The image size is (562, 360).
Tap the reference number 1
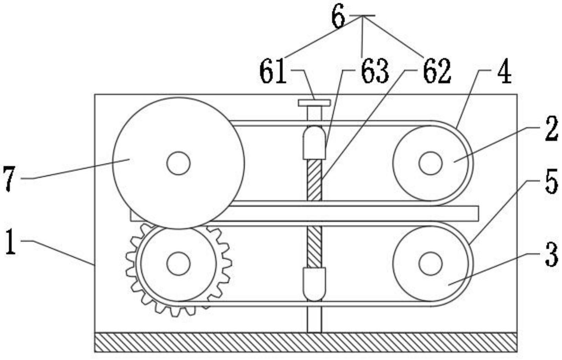tap(11, 244)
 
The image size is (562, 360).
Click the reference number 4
tap(504, 73)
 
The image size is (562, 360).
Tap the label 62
tap(437, 72)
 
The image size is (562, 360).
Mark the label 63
tap(375, 72)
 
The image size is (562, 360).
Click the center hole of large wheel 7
tap(178, 163)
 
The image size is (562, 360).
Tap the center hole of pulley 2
tap(430, 163)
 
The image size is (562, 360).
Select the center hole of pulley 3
tap(430, 264)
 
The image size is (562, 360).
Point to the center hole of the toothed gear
tap(178, 264)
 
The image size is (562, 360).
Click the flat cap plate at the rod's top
tap(314, 103)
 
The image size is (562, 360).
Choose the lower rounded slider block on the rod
tap(314, 284)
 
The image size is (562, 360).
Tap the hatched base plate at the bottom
tap(306, 342)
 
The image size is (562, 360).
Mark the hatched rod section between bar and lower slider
tap(314, 247)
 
